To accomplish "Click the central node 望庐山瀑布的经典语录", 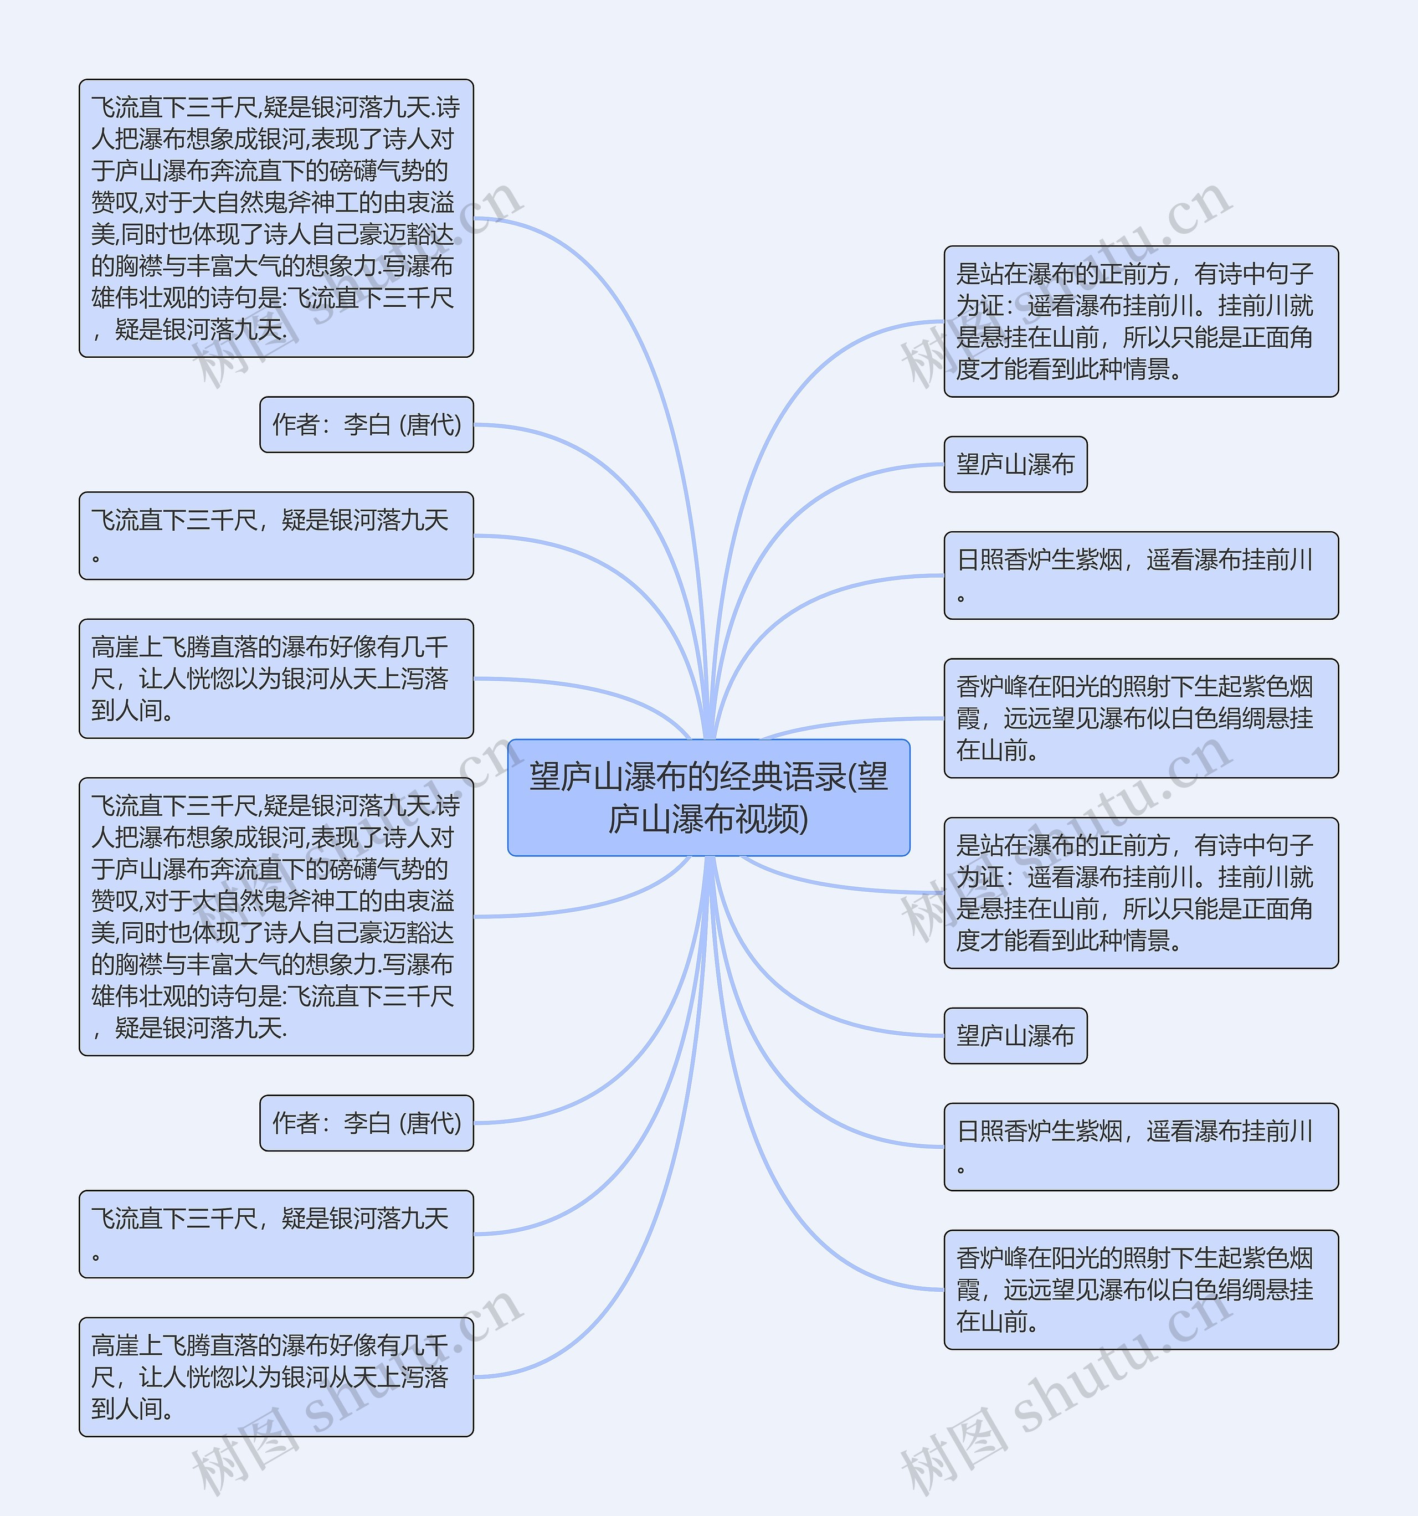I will click(x=708, y=797).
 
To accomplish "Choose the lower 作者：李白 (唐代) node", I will click(x=366, y=1123).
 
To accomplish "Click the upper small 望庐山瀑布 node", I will click(x=1015, y=464).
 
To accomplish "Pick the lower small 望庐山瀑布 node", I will click(x=1015, y=1036).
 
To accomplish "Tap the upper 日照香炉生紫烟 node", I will click(x=1140, y=575).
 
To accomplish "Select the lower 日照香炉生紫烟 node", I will click(x=1140, y=1146).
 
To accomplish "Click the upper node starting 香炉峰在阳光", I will click(x=1140, y=718).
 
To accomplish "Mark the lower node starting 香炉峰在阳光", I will click(x=1140, y=1289).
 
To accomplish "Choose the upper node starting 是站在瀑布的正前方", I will click(x=1140, y=321).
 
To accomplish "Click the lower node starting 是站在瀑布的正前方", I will click(x=1140, y=893).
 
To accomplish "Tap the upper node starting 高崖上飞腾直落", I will click(x=276, y=678).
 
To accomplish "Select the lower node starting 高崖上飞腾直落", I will click(x=276, y=1376).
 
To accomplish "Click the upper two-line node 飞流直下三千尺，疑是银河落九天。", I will click(x=276, y=535).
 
